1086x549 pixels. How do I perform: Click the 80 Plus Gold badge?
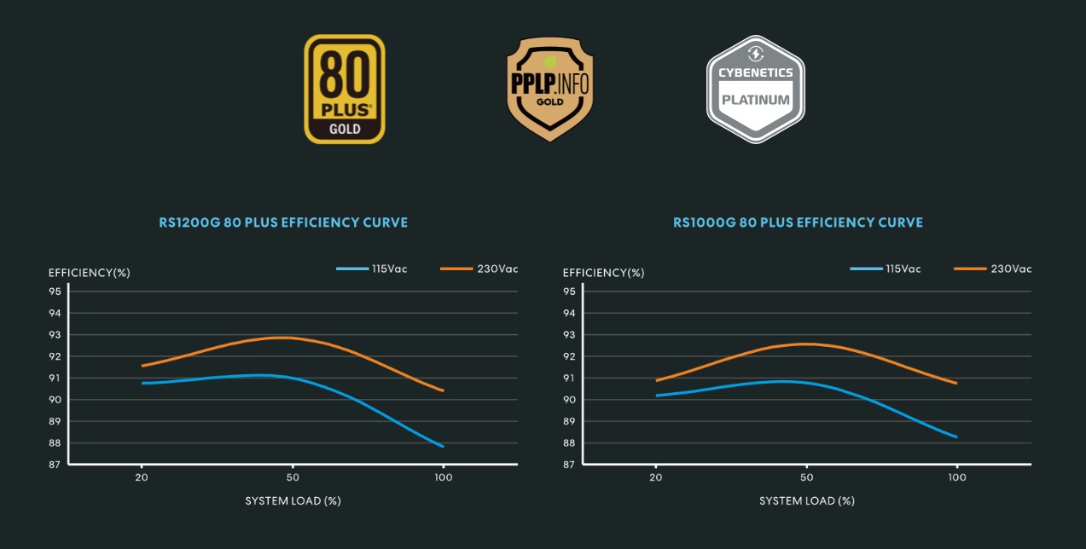click(345, 89)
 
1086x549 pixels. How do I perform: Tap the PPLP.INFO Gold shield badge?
click(549, 90)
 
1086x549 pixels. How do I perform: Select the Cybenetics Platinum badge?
click(755, 90)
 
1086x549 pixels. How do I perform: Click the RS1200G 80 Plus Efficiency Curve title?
click(283, 222)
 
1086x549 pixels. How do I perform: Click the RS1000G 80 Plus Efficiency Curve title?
click(798, 222)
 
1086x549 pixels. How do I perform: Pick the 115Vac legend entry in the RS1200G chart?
click(372, 269)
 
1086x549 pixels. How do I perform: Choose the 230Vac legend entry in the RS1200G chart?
click(479, 269)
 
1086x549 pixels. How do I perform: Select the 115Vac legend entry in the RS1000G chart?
click(886, 269)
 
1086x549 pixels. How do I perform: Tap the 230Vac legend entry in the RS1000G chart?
click(993, 269)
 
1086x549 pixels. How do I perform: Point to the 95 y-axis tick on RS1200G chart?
click(55, 292)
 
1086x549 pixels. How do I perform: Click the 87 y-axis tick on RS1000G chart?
click(569, 465)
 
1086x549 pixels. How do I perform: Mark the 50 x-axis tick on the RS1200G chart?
click(293, 478)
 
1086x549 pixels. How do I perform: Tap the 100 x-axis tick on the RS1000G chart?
click(957, 478)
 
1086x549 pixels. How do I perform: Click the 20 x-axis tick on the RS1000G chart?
click(656, 478)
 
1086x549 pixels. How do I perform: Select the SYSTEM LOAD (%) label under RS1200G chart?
click(293, 500)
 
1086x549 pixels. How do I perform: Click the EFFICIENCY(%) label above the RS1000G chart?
click(603, 273)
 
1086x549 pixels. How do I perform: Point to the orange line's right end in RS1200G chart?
click(443, 390)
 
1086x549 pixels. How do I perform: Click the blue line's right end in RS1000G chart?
click(956, 436)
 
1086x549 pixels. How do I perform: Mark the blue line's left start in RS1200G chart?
click(142, 383)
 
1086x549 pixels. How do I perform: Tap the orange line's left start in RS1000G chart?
click(656, 380)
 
